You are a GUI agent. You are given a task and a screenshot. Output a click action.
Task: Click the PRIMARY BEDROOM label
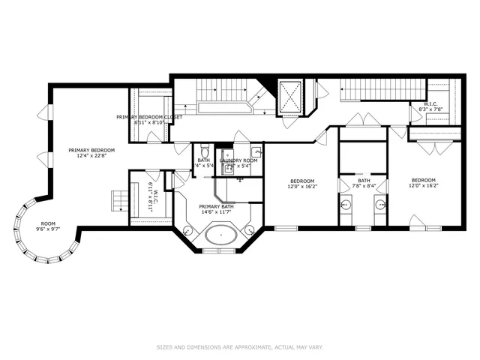coord(91,150)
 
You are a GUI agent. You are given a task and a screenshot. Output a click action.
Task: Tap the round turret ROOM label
coord(48,223)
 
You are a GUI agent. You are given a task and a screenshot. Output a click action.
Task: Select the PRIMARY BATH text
coord(216,206)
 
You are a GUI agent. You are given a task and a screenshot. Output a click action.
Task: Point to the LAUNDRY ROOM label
coord(239,160)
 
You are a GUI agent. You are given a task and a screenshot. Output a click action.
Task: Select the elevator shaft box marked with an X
coord(289,95)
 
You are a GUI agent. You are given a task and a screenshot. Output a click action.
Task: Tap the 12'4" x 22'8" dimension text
coord(91,157)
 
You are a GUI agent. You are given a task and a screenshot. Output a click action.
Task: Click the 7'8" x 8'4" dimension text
coord(363,187)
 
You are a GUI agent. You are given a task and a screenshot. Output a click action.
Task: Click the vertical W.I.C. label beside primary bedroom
coord(150,198)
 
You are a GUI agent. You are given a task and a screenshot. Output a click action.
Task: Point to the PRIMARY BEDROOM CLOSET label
coord(150,118)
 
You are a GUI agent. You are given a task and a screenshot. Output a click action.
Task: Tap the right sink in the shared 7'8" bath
coord(381,204)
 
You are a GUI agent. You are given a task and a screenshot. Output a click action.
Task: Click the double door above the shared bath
coord(363,120)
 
